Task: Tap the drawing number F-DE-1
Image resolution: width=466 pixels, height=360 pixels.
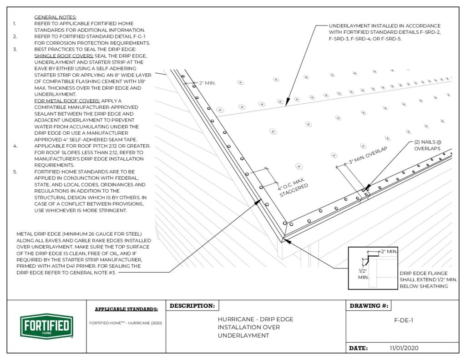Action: tap(403, 319)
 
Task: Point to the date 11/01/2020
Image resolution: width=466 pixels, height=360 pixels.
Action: tap(404, 348)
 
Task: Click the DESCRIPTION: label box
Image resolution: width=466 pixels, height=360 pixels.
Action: tap(192, 306)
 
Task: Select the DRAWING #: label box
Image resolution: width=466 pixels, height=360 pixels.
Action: tap(369, 306)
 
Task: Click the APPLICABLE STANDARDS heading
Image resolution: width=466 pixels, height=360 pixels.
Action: tap(126, 309)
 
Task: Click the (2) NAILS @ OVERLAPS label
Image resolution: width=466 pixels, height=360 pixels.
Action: tap(428, 145)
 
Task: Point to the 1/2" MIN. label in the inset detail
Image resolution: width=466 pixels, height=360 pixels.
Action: tap(363, 273)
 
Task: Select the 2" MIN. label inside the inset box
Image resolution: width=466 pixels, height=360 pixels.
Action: tap(390, 251)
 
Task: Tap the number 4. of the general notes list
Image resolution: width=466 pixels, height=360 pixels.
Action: tap(15, 146)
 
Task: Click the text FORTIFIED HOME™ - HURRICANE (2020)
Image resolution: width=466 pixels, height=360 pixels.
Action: tap(126, 323)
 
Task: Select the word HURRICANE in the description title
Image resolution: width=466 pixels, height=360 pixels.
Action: tap(235, 319)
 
